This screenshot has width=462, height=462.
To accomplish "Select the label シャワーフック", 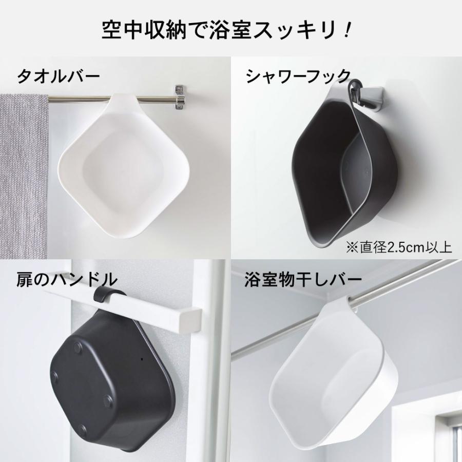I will [298, 76].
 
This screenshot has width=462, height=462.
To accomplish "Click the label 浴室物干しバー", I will [303, 280].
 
